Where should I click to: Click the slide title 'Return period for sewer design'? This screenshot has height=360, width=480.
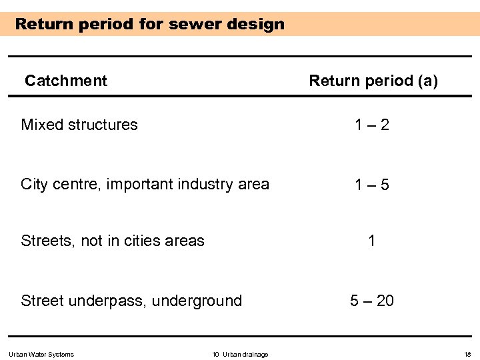tap(149, 25)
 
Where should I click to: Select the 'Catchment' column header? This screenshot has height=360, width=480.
tap(65, 81)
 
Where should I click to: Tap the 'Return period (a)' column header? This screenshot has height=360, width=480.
tap(373, 81)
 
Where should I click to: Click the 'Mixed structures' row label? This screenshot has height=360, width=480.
tap(79, 125)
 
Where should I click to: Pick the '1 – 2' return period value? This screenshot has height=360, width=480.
tap(372, 125)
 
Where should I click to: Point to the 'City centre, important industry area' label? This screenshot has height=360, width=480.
tap(145, 184)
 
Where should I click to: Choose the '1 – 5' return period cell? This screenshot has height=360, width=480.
tap(372, 185)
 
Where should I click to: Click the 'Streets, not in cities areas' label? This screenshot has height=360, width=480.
tap(113, 241)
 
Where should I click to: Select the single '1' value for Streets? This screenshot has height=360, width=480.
tap(372, 241)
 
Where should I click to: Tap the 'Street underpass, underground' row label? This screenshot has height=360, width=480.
tap(131, 301)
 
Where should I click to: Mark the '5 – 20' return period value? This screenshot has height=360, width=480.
tap(372, 301)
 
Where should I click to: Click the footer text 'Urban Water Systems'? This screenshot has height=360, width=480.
tap(41, 354)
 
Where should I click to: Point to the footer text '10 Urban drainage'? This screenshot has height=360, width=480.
tap(240, 354)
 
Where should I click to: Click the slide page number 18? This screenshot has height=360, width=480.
tap(467, 354)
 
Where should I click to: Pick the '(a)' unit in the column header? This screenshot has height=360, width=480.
tap(427, 81)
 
